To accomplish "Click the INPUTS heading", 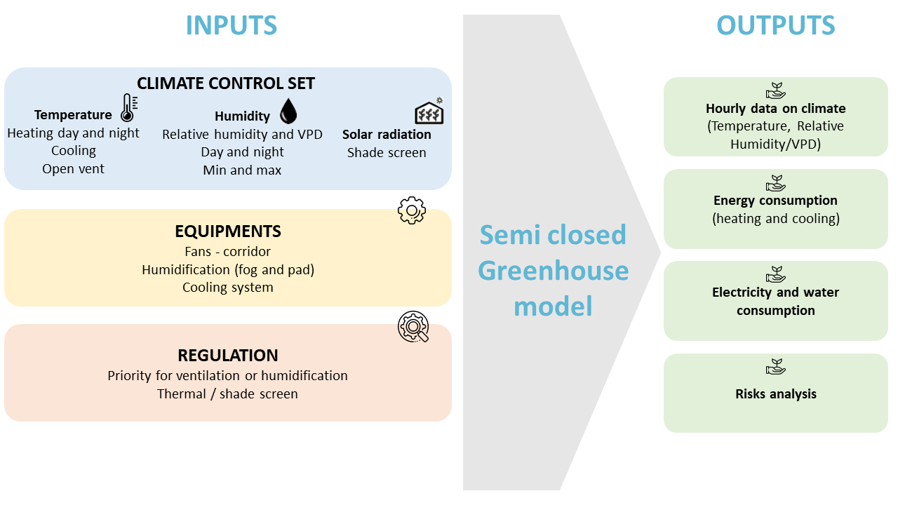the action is pyautogui.click(x=232, y=25).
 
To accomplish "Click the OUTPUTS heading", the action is pyautogui.click(x=776, y=25).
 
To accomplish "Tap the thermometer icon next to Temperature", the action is pyautogui.click(x=129, y=108).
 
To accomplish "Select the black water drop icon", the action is pyautogui.click(x=288, y=111).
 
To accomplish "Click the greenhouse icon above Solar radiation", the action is pyautogui.click(x=429, y=111).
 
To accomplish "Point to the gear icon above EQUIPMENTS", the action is pyautogui.click(x=412, y=210).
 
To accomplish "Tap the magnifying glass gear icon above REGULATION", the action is pyautogui.click(x=413, y=327).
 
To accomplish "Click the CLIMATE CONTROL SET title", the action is pyautogui.click(x=226, y=83).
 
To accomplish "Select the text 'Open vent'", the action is pyautogui.click(x=74, y=169).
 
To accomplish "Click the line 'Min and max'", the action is pyautogui.click(x=242, y=170).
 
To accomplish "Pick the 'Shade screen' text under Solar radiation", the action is pyautogui.click(x=387, y=153).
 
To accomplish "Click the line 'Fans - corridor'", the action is pyautogui.click(x=228, y=251).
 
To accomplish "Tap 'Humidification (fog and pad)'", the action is pyautogui.click(x=228, y=270).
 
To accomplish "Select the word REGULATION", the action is pyautogui.click(x=228, y=356).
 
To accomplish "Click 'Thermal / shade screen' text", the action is pyautogui.click(x=227, y=394).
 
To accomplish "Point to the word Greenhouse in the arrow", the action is pyautogui.click(x=554, y=271).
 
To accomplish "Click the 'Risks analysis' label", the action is pyautogui.click(x=776, y=394).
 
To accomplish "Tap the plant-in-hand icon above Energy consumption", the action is pyautogui.click(x=776, y=183).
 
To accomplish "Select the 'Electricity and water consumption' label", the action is pyautogui.click(x=776, y=302).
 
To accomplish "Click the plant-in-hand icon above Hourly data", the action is pyautogui.click(x=776, y=90).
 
